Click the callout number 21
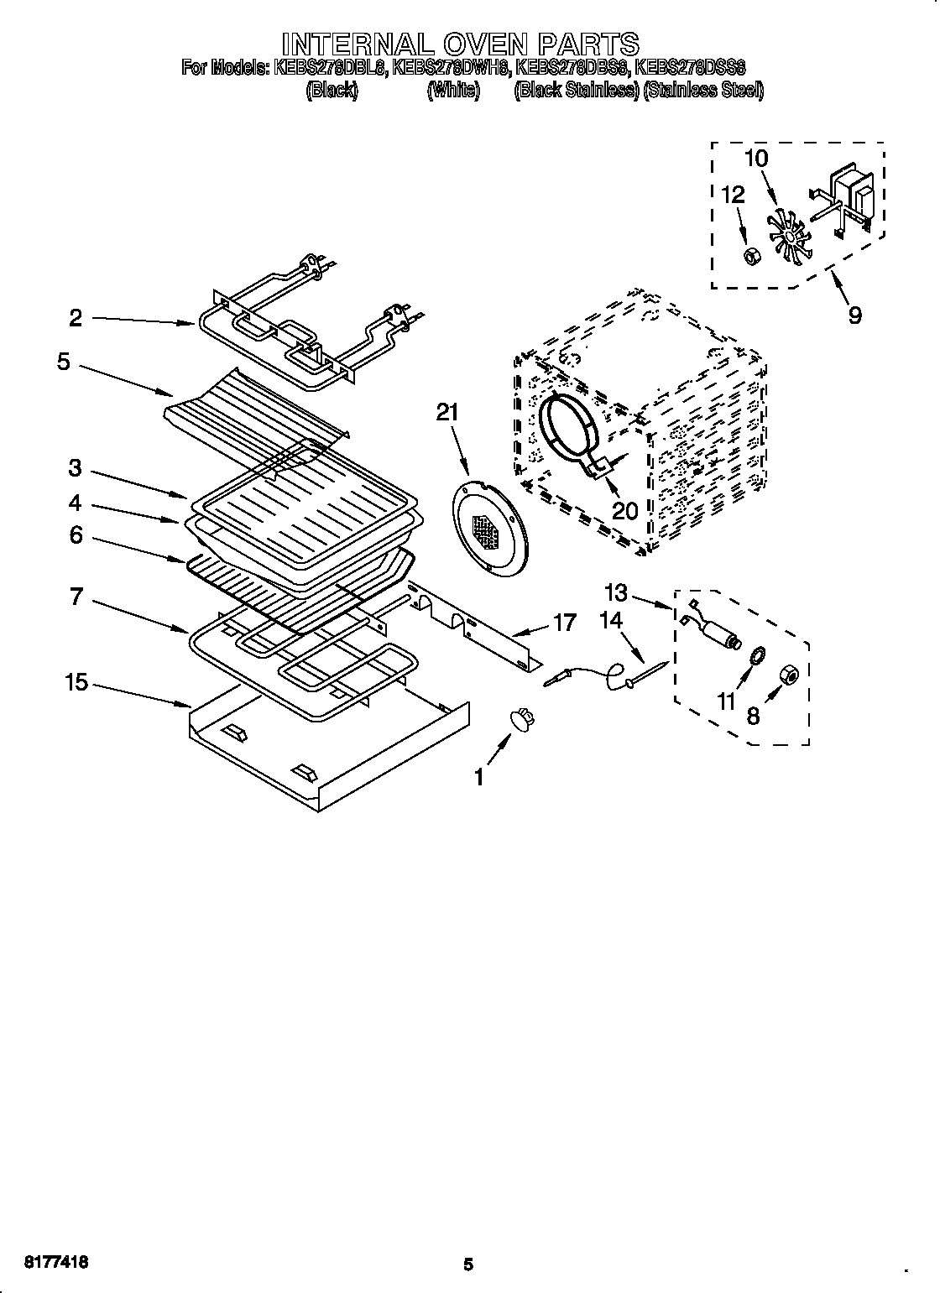point(448,412)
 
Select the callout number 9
point(854,315)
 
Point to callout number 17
point(564,622)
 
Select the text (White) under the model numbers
point(452,91)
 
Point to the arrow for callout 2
point(143,321)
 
